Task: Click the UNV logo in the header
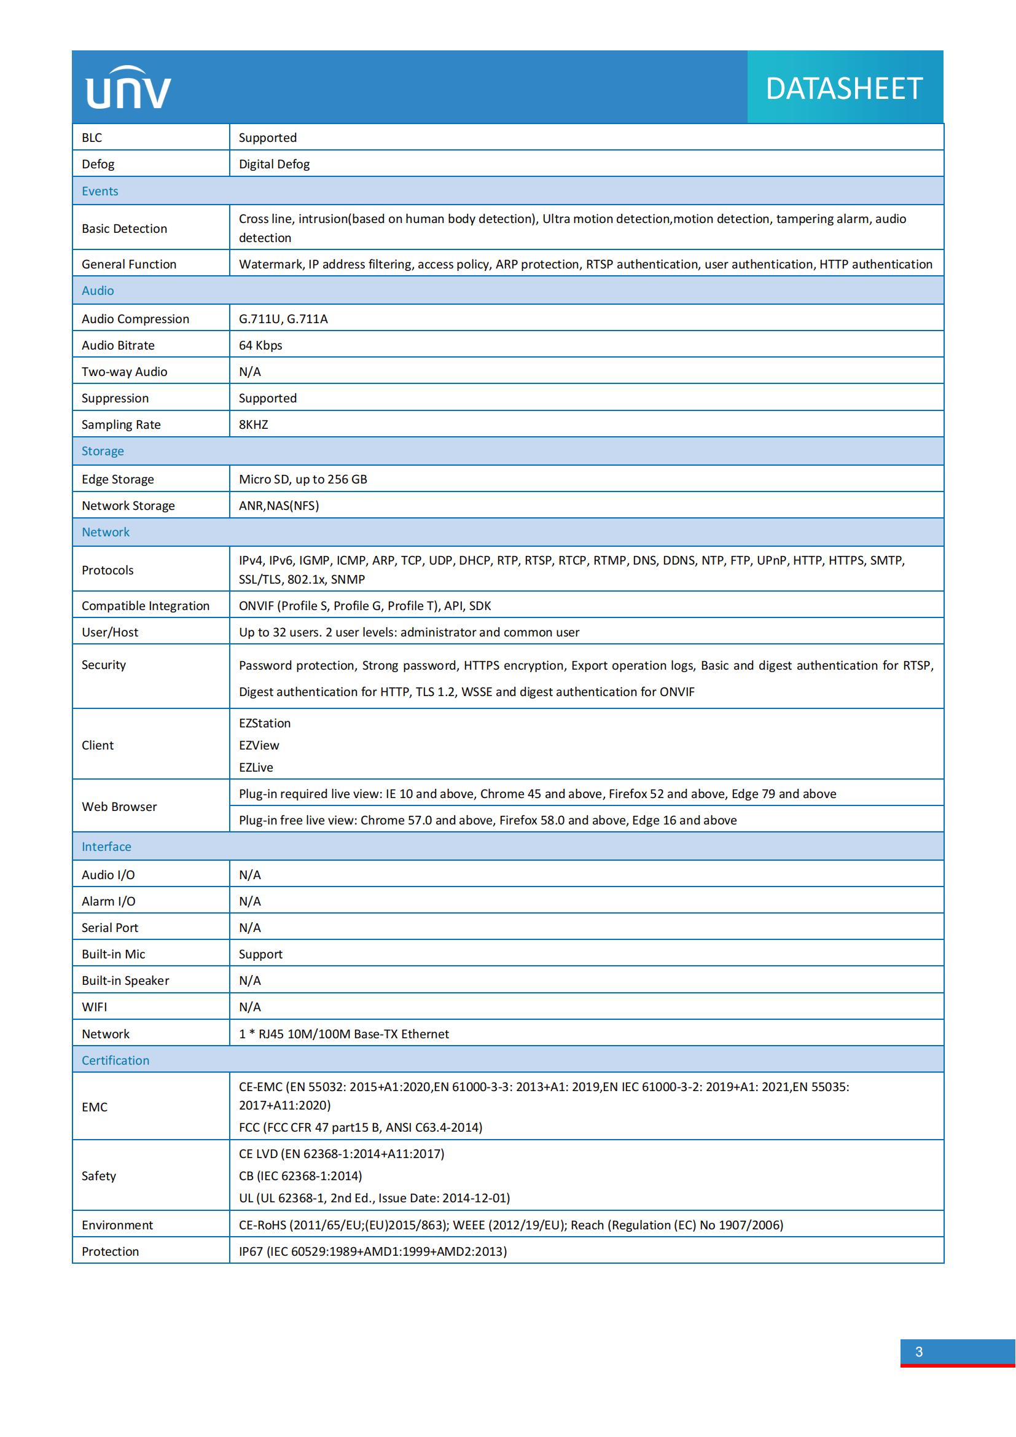[x=128, y=88]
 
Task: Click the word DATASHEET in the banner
[x=844, y=88]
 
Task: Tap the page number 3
[x=918, y=1351]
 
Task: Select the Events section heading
[x=100, y=191]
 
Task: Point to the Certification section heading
[x=115, y=1060]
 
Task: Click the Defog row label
[x=98, y=164]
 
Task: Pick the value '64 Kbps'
[x=260, y=345]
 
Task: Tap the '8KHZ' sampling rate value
[x=253, y=425]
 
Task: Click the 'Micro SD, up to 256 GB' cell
[x=303, y=479]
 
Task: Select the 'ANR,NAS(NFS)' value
[x=279, y=505]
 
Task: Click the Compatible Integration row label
[x=146, y=605]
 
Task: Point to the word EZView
[x=259, y=745]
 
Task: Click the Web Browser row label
[x=120, y=806]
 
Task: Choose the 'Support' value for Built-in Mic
[x=260, y=954]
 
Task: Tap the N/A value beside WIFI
[x=249, y=1006]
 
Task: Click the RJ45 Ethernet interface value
[x=344, y=1033]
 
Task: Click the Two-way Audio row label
[x=125, y=372]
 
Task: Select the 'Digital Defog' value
[x=274, y=164]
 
